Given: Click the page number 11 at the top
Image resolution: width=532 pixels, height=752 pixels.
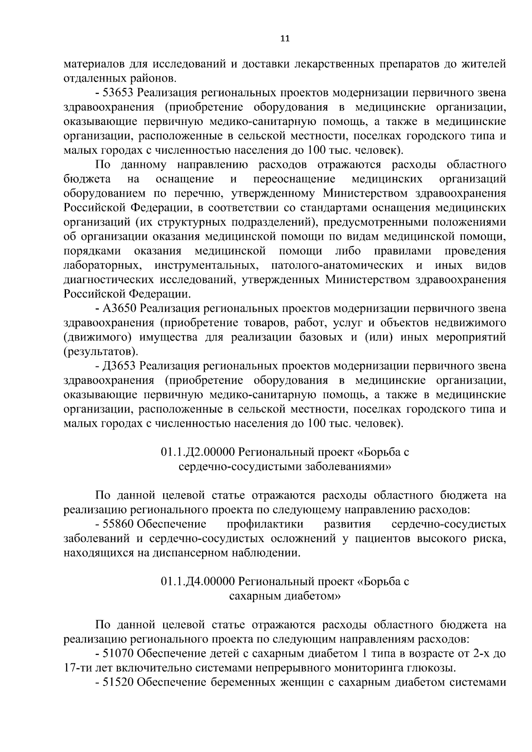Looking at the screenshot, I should click(285, 39).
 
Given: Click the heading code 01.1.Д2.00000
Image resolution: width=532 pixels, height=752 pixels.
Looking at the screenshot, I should click(197, 452).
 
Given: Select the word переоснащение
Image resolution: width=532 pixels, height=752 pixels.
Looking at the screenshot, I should click(294, 179).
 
